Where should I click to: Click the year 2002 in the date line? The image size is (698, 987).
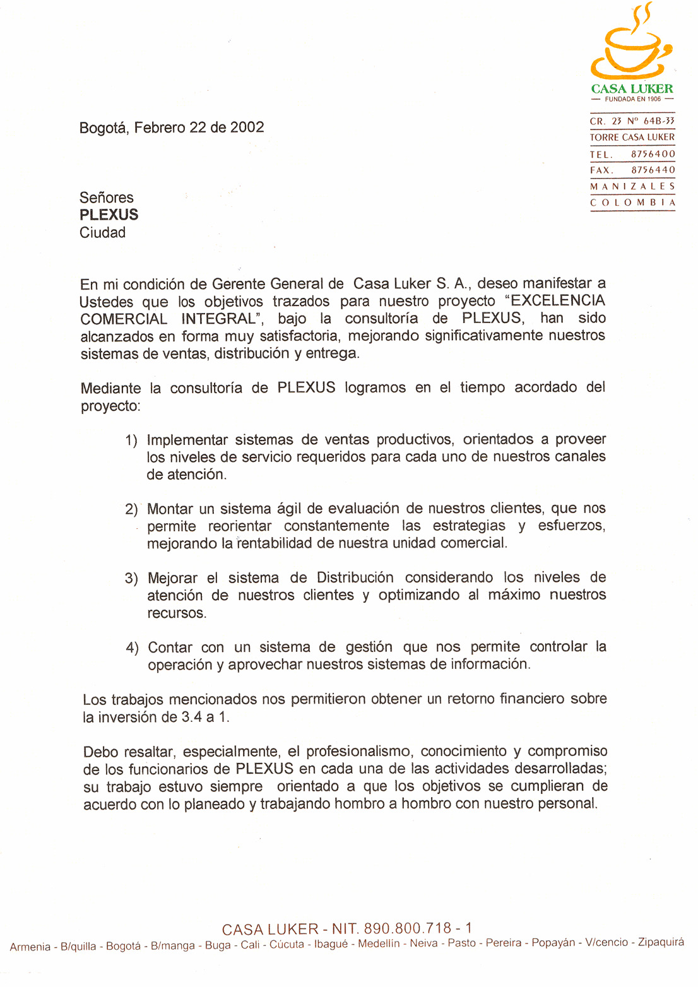[247, 127]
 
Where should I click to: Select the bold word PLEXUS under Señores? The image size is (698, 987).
[109, 215]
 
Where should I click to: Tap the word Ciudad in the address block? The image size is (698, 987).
[102, 233]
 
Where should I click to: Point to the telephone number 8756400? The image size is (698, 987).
[653, 154]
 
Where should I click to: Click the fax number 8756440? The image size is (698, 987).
[653, 170]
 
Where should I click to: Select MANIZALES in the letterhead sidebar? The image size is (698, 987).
[632, 187]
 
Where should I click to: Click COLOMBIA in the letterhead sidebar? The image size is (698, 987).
[632, 203]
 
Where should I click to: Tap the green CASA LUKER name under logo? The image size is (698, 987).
[632, 89]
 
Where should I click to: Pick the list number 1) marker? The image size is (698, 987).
[131, 440]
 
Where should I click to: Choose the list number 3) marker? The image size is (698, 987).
[131, 579]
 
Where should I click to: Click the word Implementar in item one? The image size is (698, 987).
[187, 440]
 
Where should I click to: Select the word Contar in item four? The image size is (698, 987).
[170, 647]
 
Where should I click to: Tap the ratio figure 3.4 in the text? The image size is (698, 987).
[191, 718]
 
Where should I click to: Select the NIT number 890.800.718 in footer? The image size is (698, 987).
[408, 928]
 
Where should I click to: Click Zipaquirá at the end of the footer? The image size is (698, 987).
[661, 942]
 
